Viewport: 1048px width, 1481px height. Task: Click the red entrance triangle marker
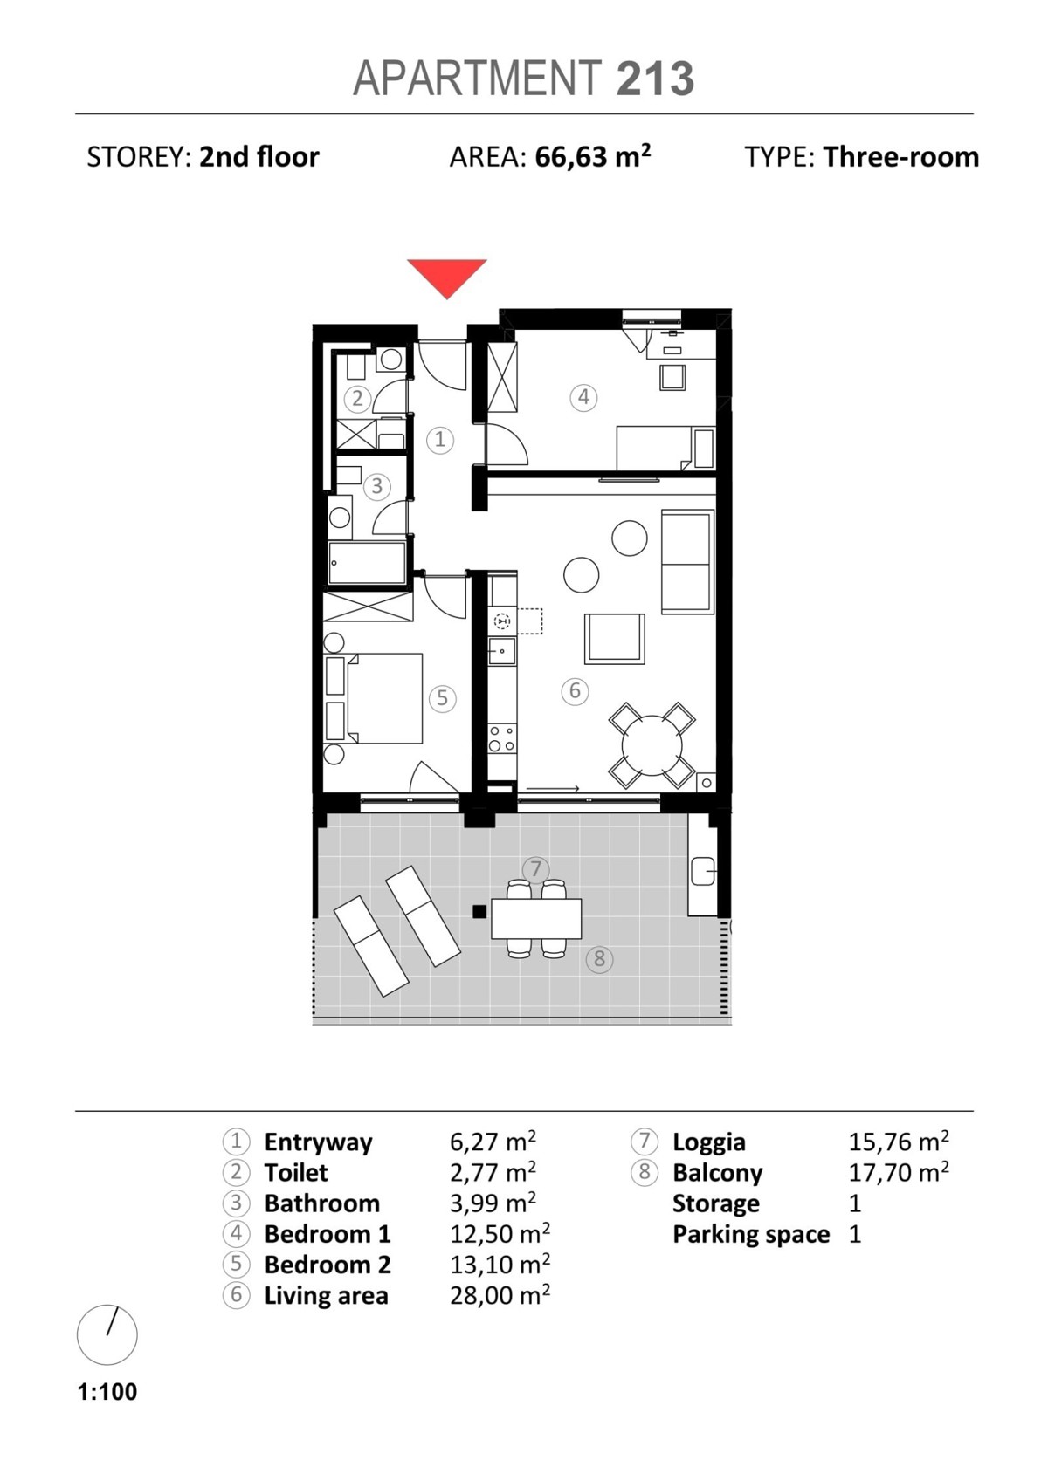446,274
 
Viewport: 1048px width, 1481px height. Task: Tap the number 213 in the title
655,79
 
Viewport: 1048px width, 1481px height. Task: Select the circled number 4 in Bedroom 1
583,397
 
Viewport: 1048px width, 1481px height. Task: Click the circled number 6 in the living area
575,691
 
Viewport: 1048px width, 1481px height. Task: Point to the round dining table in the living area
652,746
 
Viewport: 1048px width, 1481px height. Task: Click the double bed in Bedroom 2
383,698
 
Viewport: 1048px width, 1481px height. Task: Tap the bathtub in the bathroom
367,563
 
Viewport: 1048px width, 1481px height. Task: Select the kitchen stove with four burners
502,738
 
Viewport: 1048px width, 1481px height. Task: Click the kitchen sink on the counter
502,651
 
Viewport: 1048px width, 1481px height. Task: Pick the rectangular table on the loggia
536,919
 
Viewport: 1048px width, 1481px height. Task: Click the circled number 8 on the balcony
599,959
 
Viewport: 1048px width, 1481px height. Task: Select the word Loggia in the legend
709,1142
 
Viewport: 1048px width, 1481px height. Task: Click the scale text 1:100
107,1391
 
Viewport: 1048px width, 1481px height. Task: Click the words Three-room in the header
901,157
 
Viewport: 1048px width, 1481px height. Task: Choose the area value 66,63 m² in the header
593,157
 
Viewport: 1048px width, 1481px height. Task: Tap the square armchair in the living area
615,639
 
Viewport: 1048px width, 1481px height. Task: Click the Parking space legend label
751,1234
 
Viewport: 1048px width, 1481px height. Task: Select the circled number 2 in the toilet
357,399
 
